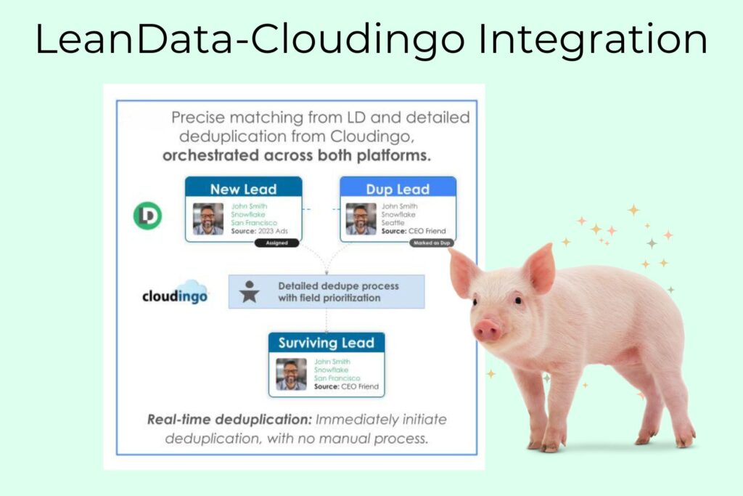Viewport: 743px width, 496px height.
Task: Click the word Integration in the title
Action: pos(593,40)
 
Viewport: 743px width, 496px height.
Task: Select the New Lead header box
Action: pos(244,189)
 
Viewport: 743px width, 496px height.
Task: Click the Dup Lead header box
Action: pos(398,189)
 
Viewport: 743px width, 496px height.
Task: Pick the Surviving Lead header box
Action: pos(326,343)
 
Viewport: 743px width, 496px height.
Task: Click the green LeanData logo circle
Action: pos(148,216)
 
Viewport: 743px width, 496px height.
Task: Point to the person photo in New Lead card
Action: pos(208,219)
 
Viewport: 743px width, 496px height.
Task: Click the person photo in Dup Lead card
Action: pos(361,219)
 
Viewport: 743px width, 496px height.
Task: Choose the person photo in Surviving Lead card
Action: pos(291,374)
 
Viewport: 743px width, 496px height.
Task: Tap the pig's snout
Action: pos(488,330)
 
